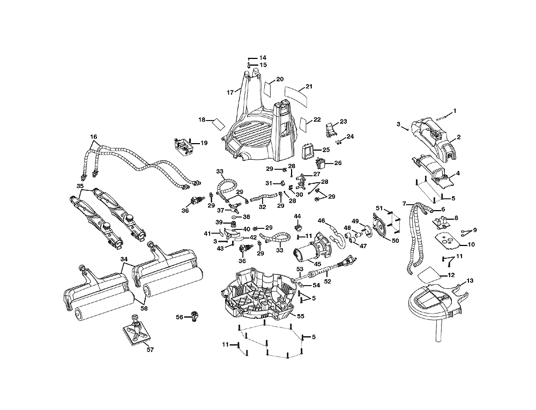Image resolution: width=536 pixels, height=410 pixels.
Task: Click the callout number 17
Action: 230,92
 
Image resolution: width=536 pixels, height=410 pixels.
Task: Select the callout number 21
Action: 309,86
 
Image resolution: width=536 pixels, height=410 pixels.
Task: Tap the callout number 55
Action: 301,317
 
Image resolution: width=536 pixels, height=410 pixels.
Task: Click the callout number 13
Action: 470,280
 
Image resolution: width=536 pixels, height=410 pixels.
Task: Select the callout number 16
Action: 94,137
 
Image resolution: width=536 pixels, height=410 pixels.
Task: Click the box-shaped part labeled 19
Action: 183,146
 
